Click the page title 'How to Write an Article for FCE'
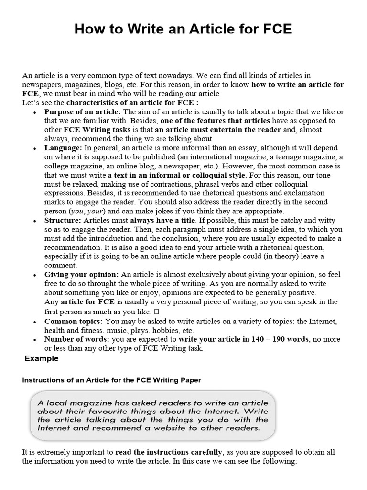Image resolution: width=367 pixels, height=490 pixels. pyautogui.click(x=183, y=30)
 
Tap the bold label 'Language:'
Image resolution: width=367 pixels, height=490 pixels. pyautogui.click(x=63, y=148)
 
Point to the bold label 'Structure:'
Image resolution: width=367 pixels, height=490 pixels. pyautogui.click(x=63, y=220)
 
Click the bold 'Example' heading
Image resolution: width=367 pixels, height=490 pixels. pyautogui.click(x=41, y=358)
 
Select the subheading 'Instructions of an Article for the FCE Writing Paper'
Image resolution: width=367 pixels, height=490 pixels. pyautogui.click(x=112, y=380)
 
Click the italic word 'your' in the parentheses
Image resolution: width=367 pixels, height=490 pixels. pyautogui.click(x=95, y=211)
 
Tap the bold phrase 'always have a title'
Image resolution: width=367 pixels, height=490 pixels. pyautogui.click(x=162, y=220)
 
